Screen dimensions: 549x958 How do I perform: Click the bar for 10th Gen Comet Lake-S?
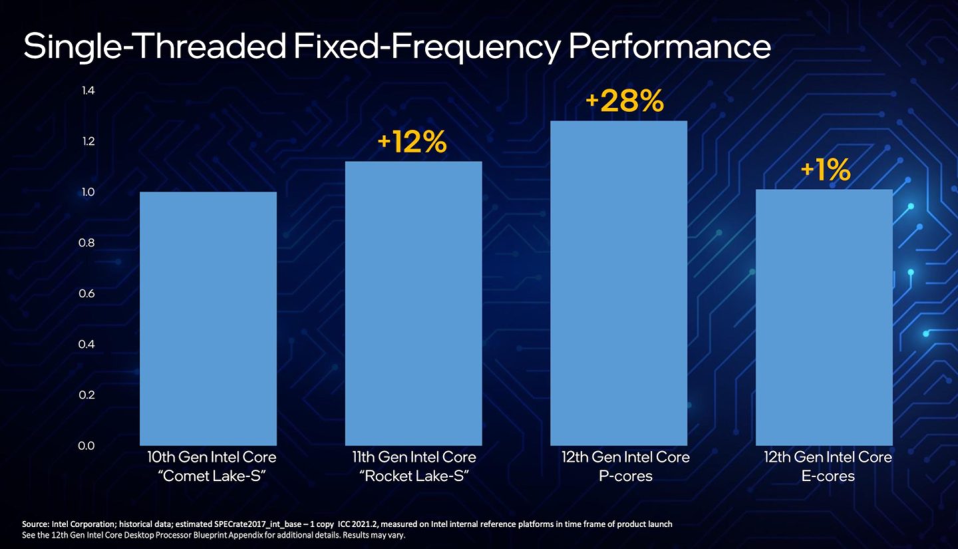208,319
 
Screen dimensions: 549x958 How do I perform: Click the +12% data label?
412,143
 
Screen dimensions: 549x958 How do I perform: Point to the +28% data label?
624,102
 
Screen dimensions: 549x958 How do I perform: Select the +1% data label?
825,171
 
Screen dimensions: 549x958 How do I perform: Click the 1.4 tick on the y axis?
88,91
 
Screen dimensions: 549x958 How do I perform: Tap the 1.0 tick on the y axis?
88,192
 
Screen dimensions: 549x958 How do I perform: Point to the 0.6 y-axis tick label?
88,293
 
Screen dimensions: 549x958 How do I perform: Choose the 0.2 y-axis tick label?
88,395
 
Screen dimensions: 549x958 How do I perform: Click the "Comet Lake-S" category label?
211,476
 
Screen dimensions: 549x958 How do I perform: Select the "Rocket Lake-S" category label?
414,476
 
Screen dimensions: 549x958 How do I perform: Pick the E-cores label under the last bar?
827,476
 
